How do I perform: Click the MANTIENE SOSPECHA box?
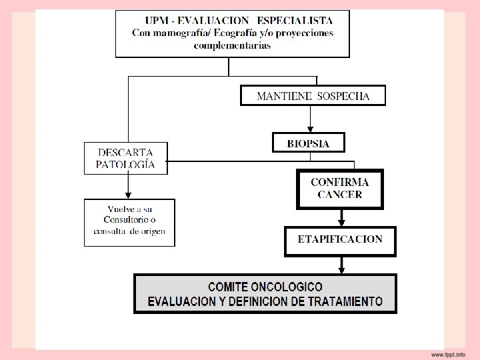pyautogui.click(x=313, y=96)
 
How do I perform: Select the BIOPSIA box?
pyautogui.click(x=308, y=143)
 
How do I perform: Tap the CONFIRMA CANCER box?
pyautogui.click(x=339, y=188)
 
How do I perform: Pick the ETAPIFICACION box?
pyautogui.click(x=339, y=240)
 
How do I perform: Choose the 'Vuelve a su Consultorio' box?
pyautogui.click(x=129, y=222)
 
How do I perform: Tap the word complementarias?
pyautogui.click(x=232, y=46)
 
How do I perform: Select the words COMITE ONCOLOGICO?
pyautogui.click(x=265, y=287)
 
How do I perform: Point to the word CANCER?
pyautogui.click(x=339, y=195)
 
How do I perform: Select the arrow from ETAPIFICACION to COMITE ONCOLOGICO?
pyautogui.click(x=341, y=265)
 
